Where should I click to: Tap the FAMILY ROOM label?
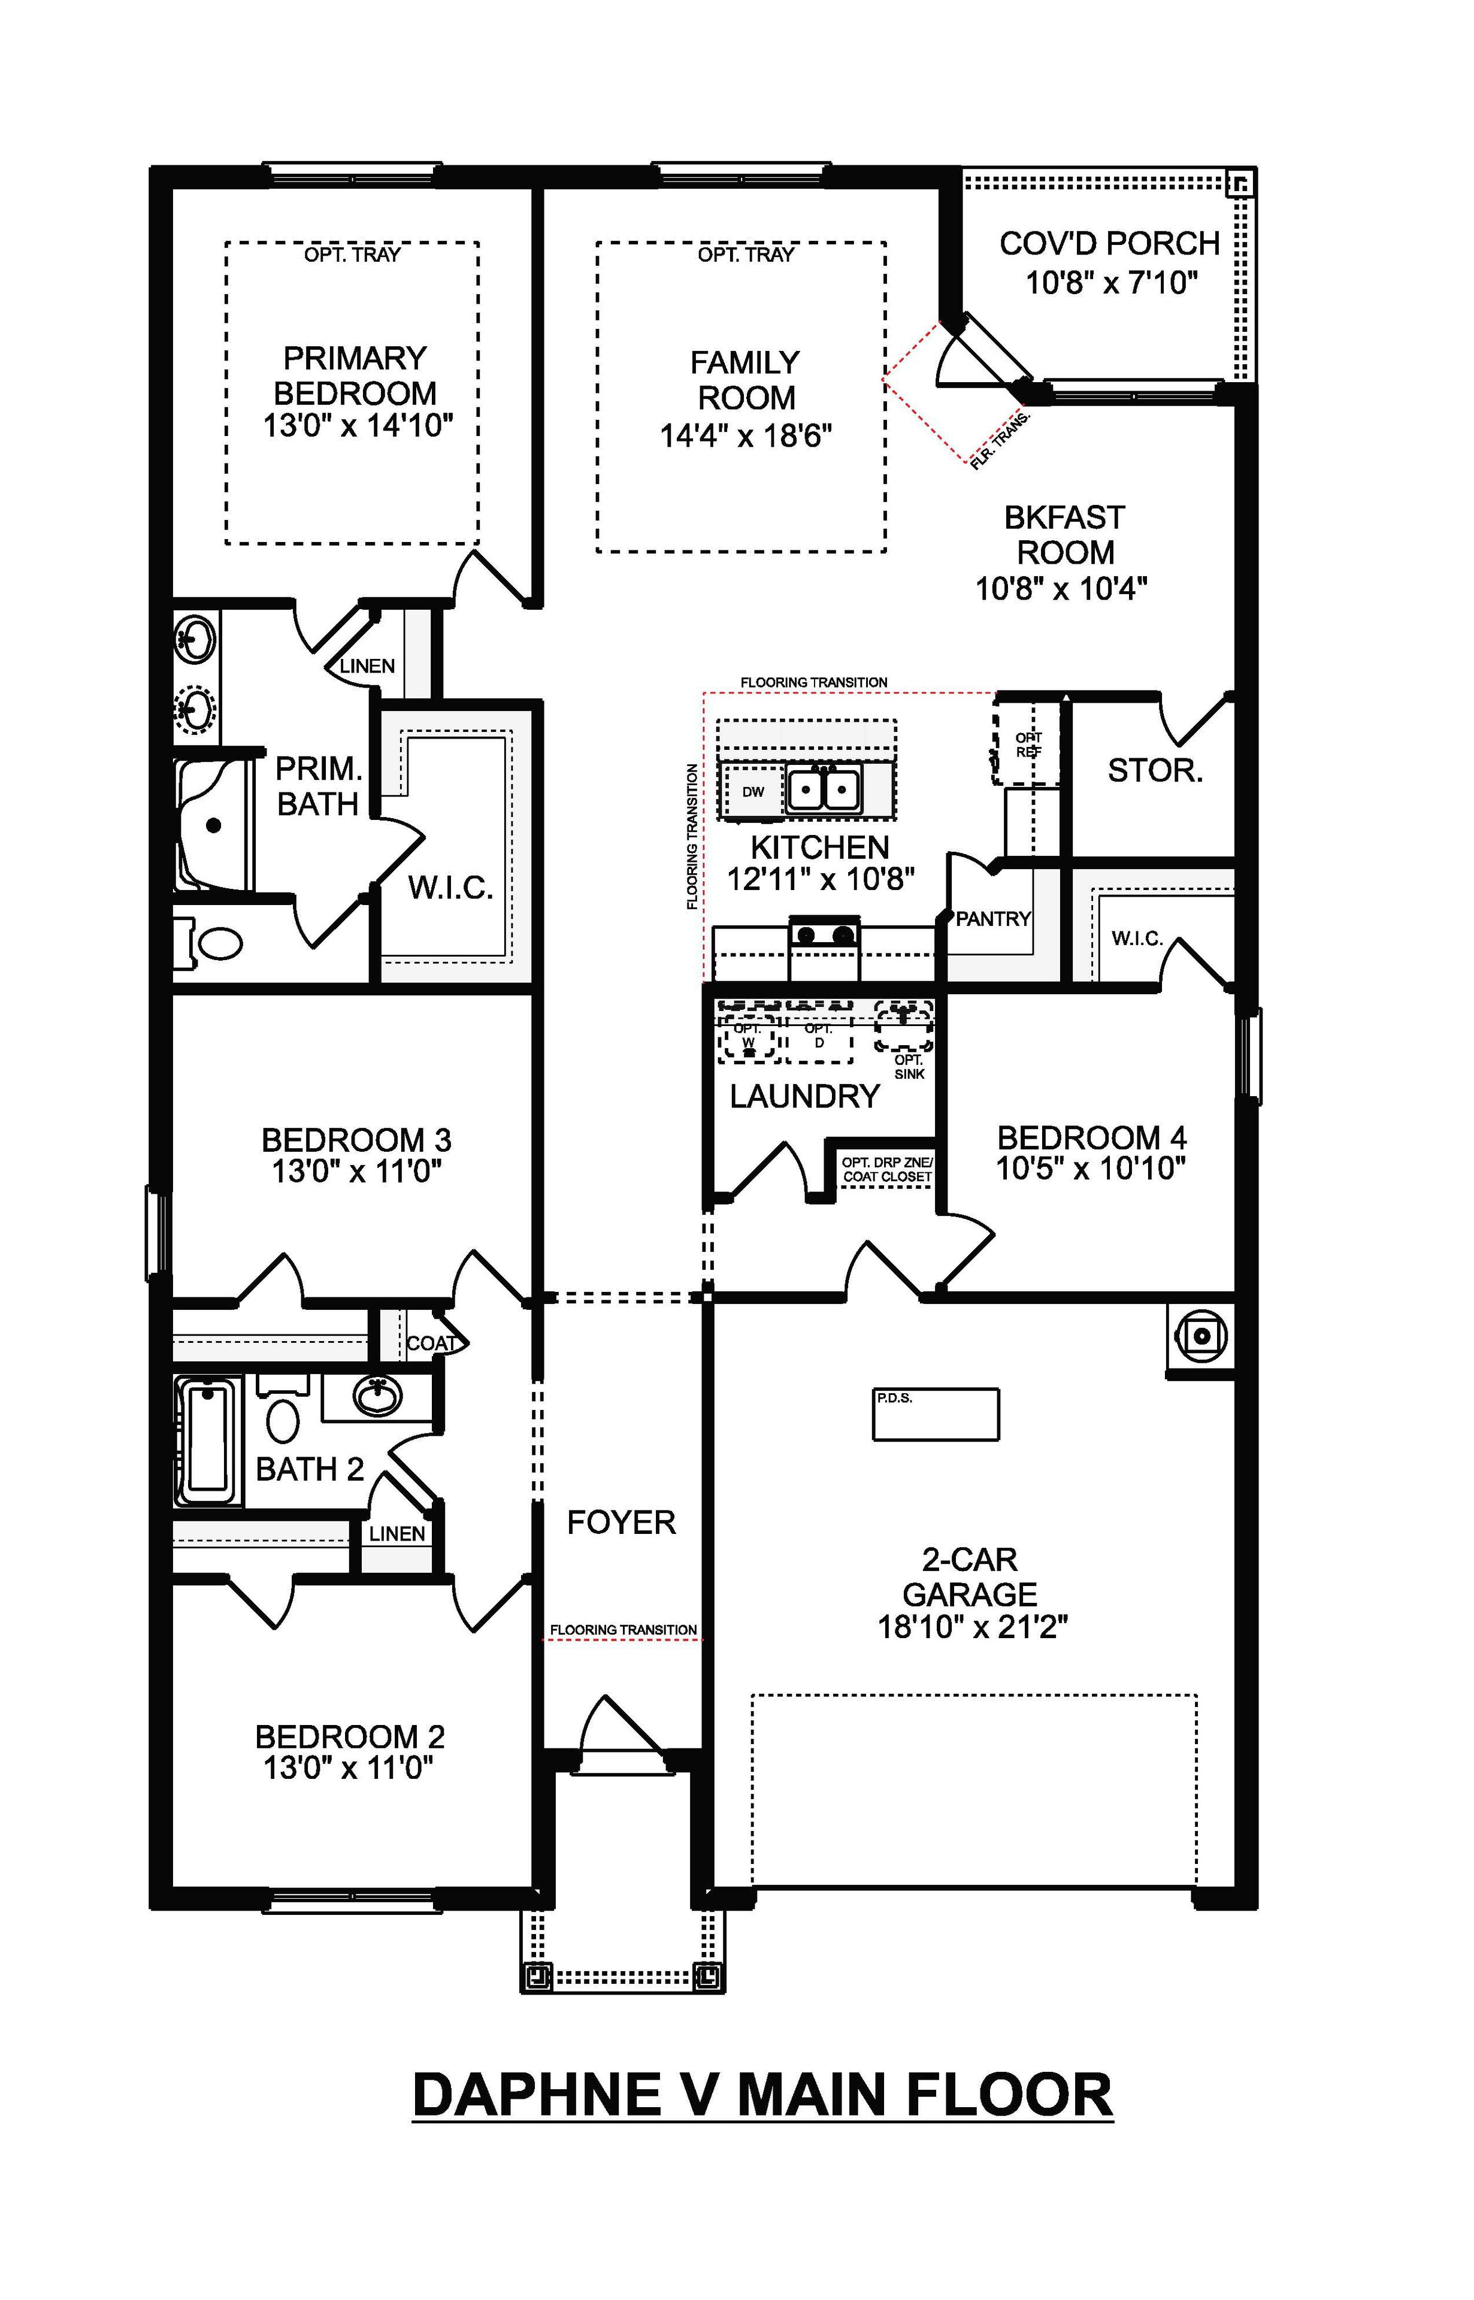tap(746, 380)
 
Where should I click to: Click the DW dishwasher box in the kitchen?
tap(753, 792)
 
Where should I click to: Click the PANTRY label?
tap(994, 919)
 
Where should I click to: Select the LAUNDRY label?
tap(804, 1096)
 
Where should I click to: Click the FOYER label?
tap(621, 1522)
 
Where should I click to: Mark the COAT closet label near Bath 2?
tap(431, 1343)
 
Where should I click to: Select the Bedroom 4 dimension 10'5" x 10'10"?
tap(1091, 1169)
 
